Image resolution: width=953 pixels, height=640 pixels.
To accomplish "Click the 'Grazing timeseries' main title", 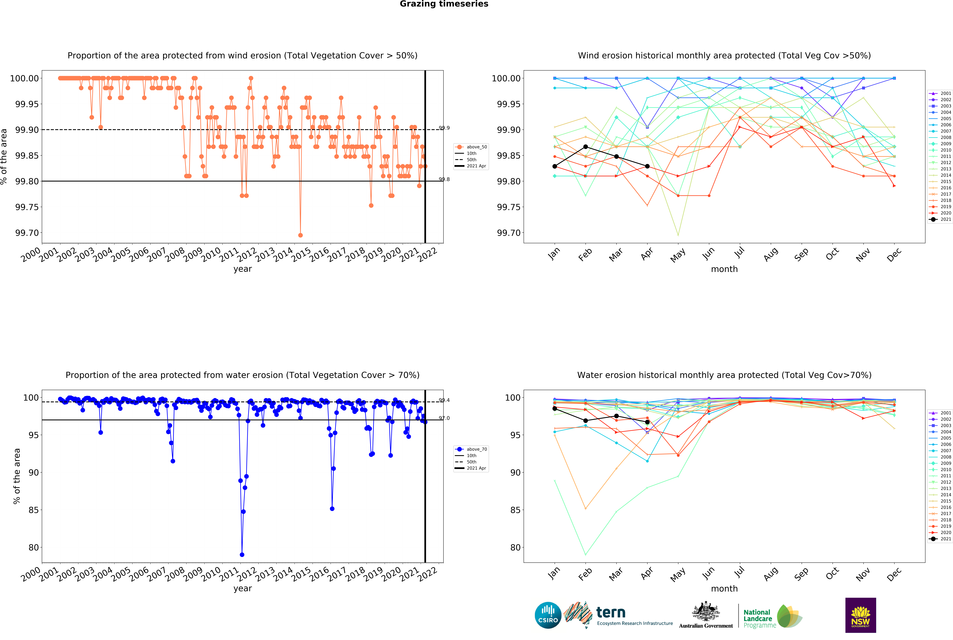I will pos(444,4).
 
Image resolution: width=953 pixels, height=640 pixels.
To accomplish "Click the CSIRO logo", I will pos(548,615).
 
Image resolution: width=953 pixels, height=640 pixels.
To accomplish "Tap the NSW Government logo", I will pos(860,615).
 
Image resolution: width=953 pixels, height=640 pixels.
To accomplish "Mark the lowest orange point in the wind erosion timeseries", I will pos(300,235).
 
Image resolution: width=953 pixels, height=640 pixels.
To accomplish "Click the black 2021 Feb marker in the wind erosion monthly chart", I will pos(585,147).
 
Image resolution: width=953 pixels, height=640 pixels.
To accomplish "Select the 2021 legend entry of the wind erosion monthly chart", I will pos(940,219).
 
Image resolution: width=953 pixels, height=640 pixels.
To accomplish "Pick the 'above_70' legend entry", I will pos(471,449).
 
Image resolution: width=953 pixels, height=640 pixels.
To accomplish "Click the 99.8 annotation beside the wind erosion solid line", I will pos(444,179).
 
